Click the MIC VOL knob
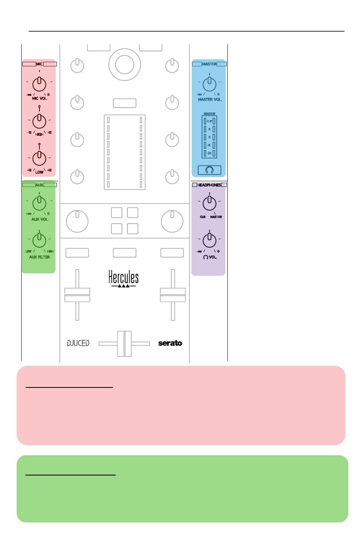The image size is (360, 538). (39, 84)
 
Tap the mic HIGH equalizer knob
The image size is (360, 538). (39, 121)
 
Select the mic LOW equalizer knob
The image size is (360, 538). (39, 158)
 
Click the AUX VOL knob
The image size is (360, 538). (39, 203)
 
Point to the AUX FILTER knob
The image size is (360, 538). (39, 240)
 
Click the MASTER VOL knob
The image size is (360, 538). (210, 84)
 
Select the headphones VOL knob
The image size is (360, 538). (210, 240)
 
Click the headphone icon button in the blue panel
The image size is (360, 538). (210, 170)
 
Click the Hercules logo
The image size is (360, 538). (124, 278)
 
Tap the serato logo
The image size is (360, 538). (170, 343)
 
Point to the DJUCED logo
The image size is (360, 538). (78, 343)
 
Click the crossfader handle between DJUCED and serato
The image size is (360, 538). (124, 344)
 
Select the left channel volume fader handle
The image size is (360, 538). (77, 295)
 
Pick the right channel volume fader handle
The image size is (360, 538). (173, 295)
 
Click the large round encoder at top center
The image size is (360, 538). (124, 64)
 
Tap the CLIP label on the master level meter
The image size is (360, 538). (210, 121)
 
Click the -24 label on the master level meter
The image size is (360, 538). (210, 153)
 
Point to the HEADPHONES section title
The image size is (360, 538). (209, 185)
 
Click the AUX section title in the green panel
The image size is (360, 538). (39, 185)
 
